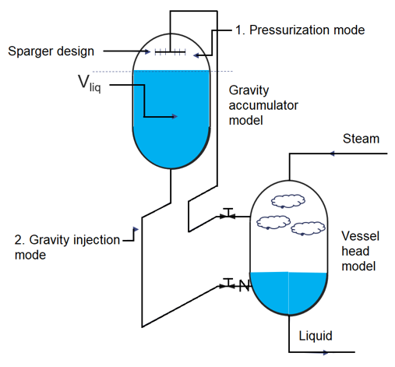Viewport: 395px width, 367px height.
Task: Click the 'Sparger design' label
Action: [51, 51]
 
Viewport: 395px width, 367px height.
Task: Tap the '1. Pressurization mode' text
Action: [300, 30]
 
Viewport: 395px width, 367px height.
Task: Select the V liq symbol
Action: [90, 83]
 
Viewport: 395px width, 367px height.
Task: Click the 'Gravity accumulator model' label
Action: [263, 105]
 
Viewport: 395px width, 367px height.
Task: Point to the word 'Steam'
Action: [361, 139]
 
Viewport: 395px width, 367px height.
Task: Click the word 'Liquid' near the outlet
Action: [316, 336]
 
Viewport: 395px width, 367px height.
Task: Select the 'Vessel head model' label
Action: [360, 251]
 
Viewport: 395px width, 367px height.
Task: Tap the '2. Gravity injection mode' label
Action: [67, 247]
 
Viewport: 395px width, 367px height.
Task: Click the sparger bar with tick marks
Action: [170, 52]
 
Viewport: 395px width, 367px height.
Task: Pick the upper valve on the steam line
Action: [227, 214]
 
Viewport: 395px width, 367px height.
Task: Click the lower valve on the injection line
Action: [227, 284]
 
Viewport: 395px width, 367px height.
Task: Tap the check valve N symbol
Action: [244, 286]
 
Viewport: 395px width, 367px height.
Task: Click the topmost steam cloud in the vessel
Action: [288, 201]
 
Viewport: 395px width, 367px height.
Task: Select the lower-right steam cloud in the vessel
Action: [308, 228]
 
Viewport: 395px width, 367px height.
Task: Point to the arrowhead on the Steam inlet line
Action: [332, 154]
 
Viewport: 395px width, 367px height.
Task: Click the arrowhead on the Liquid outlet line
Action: [326, 352]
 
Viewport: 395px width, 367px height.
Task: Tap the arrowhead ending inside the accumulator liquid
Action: [175, 116]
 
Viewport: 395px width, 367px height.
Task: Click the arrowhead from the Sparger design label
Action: [147, 51]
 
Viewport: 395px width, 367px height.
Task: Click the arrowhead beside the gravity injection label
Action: [136, 229]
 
